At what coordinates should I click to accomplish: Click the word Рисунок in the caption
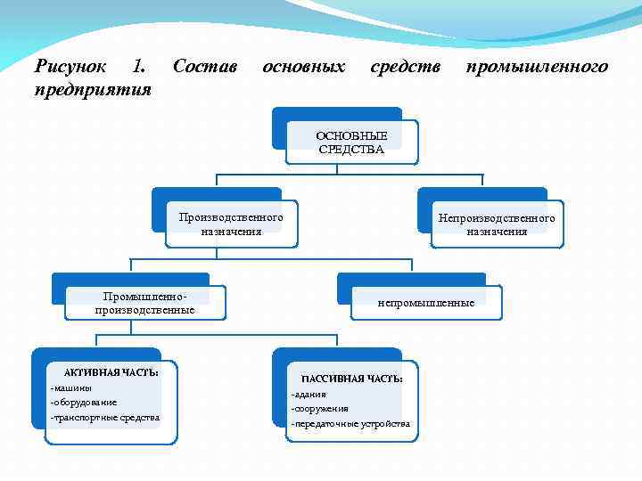(x=70, y=67)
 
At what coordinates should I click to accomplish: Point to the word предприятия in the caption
(x=92, y=91)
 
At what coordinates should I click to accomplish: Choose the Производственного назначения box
(x=231, y=224)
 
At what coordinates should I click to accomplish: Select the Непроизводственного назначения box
(x=496, y=224)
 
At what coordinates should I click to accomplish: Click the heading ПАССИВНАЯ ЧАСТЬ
(x=352, y=379)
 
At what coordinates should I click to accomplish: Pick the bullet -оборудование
(x=84, y=403)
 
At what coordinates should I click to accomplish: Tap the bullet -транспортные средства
(x=105, y=417)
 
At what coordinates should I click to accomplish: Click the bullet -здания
(x=309, y=394)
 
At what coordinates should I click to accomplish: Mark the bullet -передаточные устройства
(x=350, y=423)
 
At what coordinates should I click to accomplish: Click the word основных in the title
(x=303, y=67)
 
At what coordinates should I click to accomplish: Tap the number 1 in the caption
(x=136, y=67)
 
